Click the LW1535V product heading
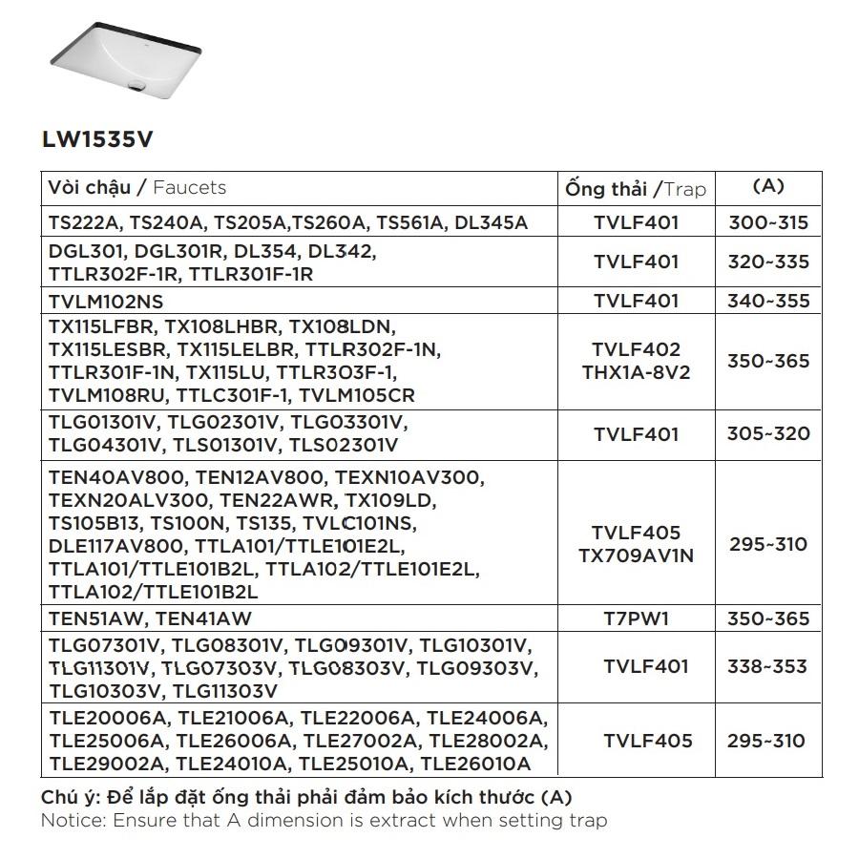pos(96,139)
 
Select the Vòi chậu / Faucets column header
pos(137,187)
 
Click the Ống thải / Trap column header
pos(636,188)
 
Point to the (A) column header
pos(768,186)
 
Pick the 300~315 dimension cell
pos(768,223)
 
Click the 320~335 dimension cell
pos(768,262)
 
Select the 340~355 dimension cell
pos(768,301)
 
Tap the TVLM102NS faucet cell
pos(106,301)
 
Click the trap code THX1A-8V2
pos(636,372)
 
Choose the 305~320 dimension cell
pos(768,433)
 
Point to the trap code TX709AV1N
pos(636,555)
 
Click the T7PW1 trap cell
pos(636,618)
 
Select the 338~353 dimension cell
pos(768,666)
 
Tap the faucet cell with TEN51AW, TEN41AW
pos(150,618)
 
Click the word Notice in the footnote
pos(72,820)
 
